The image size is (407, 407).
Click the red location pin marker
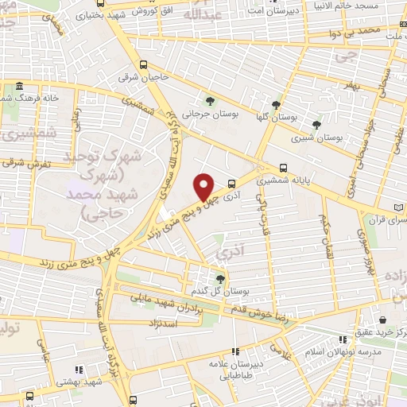point(204,186)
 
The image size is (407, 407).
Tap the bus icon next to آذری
point(231,181)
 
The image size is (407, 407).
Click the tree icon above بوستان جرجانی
point(210,101)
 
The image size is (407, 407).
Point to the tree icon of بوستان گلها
point(276,103)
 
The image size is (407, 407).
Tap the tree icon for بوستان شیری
point(316,124)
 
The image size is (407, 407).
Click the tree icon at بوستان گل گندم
point(220,277)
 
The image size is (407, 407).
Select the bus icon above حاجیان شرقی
point(142,65)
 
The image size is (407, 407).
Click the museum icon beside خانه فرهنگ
point(17,86)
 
